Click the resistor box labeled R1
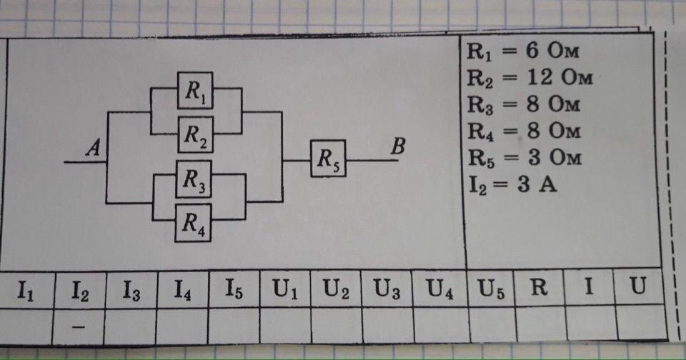pyautogui.click(x=195, y=90)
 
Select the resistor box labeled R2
pyautogui.click(x=196, y=134)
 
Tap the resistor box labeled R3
pyautogui.click(x=194, y=179)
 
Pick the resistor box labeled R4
pyautogui.click(x=194, y=223)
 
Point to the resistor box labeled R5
pyautogui.click(x=328, y=159)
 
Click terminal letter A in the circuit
pyautogui.click(x=93, y=147)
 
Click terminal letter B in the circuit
pyautogui.click(x=398, y=146)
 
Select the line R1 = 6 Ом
pyautogui.click(x=523, y=51)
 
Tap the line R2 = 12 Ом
pyautogui.click(x=530, y=78)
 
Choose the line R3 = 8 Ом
pyautogui.click(x=524, y=104)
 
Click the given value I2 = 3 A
pyautogui.click(x=513, y=184)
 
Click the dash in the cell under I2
pyautogui.click(x=79, y=326)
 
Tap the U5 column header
pyautogui.click(x=491, y=289)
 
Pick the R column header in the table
pyautogui.click(x=539, y=287)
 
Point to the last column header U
pyautogui.click(x=637, y=286)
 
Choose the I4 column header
pyautogui.click(x=182, y=289)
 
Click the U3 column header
pyautogui.click(x=387, y=289)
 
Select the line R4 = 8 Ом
pyautogui.click(x=524, y=131)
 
